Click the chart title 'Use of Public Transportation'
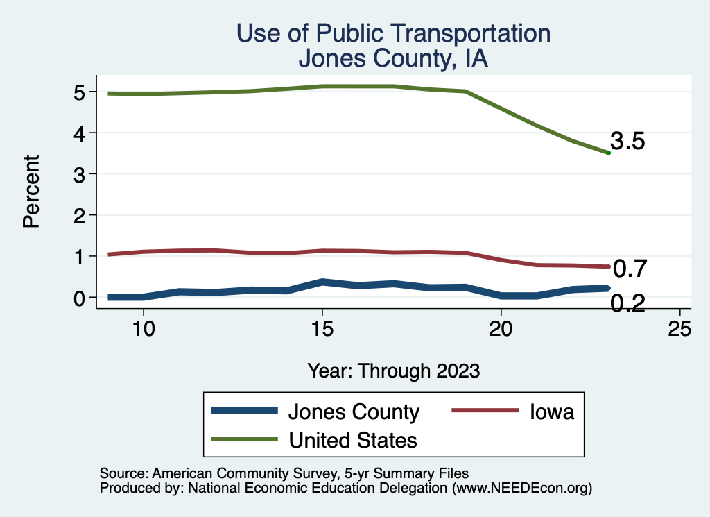[393, 33]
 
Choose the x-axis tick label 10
[143, 329]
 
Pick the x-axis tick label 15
[322, 329]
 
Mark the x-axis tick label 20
[501, 329]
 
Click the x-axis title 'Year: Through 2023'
[393, 371]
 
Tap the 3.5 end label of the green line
[627, 142]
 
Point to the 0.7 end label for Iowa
[630, 267]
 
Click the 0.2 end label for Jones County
[627, 303]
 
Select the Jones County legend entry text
[354, 412]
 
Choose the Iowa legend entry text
[552, 412]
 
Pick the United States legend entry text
[353, 440]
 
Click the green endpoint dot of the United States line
[608, 153]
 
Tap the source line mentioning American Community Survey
[284, 473]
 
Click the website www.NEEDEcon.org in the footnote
[521, 488]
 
